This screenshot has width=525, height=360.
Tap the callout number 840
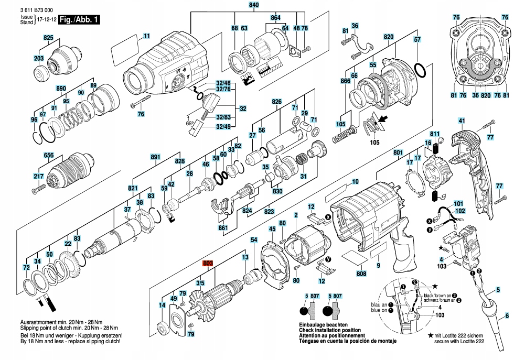tap(254, 5)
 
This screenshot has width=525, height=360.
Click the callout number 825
tap(48, 38)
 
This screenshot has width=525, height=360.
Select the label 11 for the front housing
tap(146, 36)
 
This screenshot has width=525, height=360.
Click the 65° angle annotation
tap(189, 124)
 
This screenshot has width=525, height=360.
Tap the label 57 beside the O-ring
tap(417, 39)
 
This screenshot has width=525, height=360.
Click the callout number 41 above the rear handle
tap(462, 121)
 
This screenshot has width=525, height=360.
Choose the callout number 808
tap(361, 274)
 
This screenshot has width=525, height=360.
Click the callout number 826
tap(277, 101)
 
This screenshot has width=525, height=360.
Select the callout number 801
tap(398, 152)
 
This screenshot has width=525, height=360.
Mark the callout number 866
tap(345, 81)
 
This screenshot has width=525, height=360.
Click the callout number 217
tap(38, 177)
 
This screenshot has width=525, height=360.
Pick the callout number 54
tap(254, 240)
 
